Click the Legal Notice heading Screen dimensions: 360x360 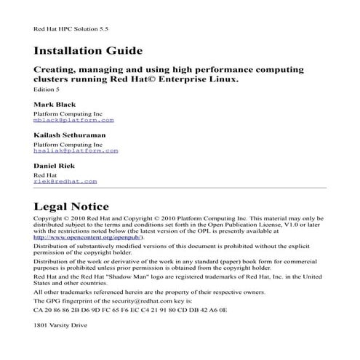click(x=71, y=206)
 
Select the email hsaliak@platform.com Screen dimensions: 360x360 click(x=76, y=152)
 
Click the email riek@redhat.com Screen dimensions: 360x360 click(x=65, y=181)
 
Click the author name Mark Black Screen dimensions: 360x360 click(x=55, y=105)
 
